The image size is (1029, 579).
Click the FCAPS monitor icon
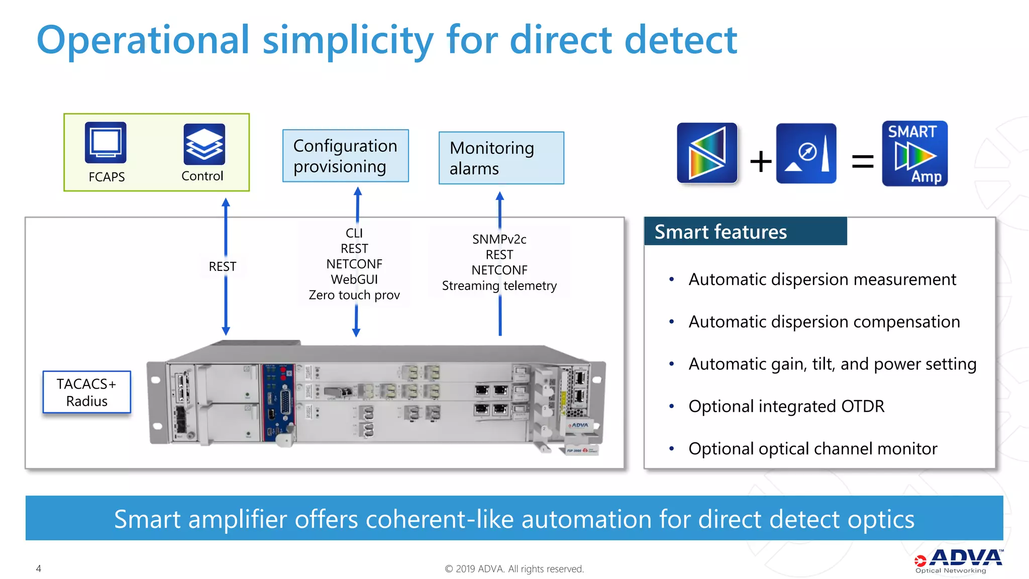pos(106,143)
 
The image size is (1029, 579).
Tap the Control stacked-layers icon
pos(204,144)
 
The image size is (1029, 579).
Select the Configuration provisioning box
pos(346,156)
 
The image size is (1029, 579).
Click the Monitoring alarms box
pos(501,158)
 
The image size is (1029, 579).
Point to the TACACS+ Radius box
pos(87,392)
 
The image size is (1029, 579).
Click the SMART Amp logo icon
pos(914,153)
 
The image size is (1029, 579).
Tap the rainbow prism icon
pos(707,153)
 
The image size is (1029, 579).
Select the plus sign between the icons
pos(761,161)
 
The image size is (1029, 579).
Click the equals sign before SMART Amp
pos(863,161)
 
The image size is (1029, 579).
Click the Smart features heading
pos(721,232)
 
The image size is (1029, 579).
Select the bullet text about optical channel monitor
pos(812,448)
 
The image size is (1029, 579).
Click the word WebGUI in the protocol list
pos(354,279)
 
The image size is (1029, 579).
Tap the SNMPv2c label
pos(499,239)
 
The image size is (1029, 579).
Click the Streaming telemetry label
pos(499,285)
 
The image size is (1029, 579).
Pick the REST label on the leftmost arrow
pos(223,266)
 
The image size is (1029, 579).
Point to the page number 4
pos(39,568)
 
